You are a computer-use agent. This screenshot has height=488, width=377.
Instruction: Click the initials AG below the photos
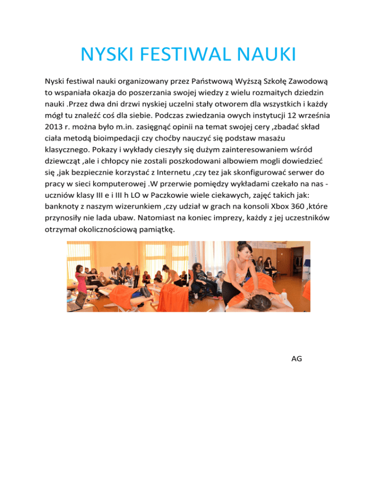[x=296, y=359]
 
